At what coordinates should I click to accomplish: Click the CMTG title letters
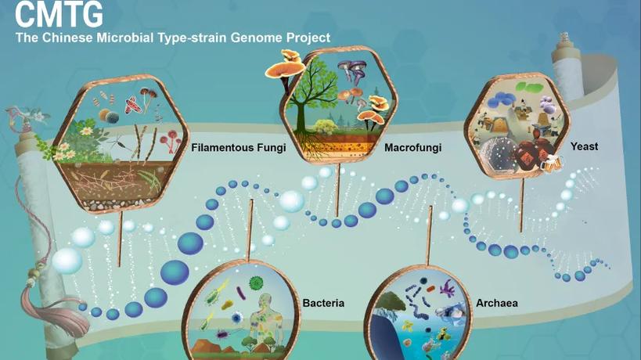[59, 14]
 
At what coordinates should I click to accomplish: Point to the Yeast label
[585, 146]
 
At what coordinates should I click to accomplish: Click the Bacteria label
[323, 303]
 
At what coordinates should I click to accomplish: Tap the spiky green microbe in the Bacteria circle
[255, 283]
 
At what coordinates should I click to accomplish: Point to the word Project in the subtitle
[309, 38]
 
